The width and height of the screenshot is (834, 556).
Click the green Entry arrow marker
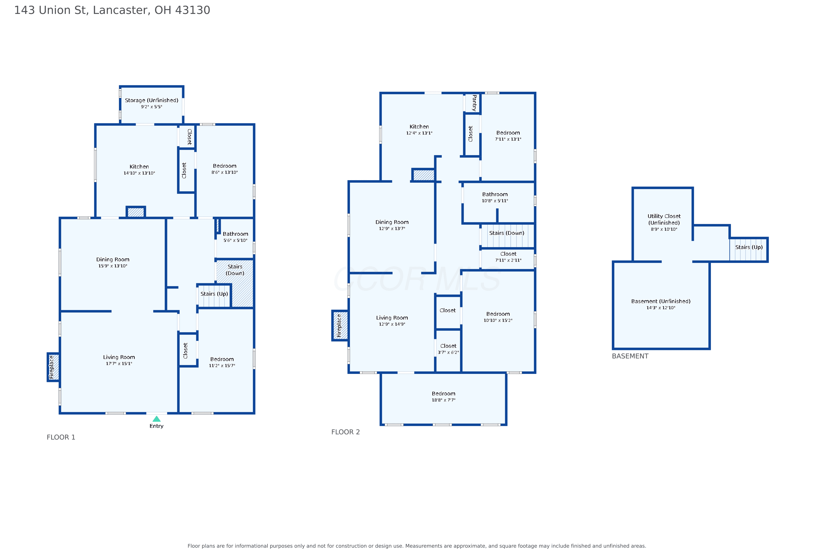(156, 419)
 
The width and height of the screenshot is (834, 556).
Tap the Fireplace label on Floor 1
(52, 367)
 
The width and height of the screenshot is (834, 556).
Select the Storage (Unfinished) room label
(152, 100)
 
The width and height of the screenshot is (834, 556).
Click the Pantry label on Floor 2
(474, 103)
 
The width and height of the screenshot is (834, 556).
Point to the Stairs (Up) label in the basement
(749, 247)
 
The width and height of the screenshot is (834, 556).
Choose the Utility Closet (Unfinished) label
(664, 220)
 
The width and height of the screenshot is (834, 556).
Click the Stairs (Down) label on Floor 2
(507, 233)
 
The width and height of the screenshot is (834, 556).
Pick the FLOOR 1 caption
(61, 437)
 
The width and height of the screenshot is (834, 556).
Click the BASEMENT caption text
(630, 356)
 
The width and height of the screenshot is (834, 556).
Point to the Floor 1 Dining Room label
(113, 260)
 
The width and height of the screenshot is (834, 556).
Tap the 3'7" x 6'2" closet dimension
(448, 353)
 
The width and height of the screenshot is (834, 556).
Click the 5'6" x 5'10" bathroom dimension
(235, 240)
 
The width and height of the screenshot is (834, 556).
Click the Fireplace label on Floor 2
(339, 326)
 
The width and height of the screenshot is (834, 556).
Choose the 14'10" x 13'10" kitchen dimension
(139, 173)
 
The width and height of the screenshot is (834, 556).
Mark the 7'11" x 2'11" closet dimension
(508, 260)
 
